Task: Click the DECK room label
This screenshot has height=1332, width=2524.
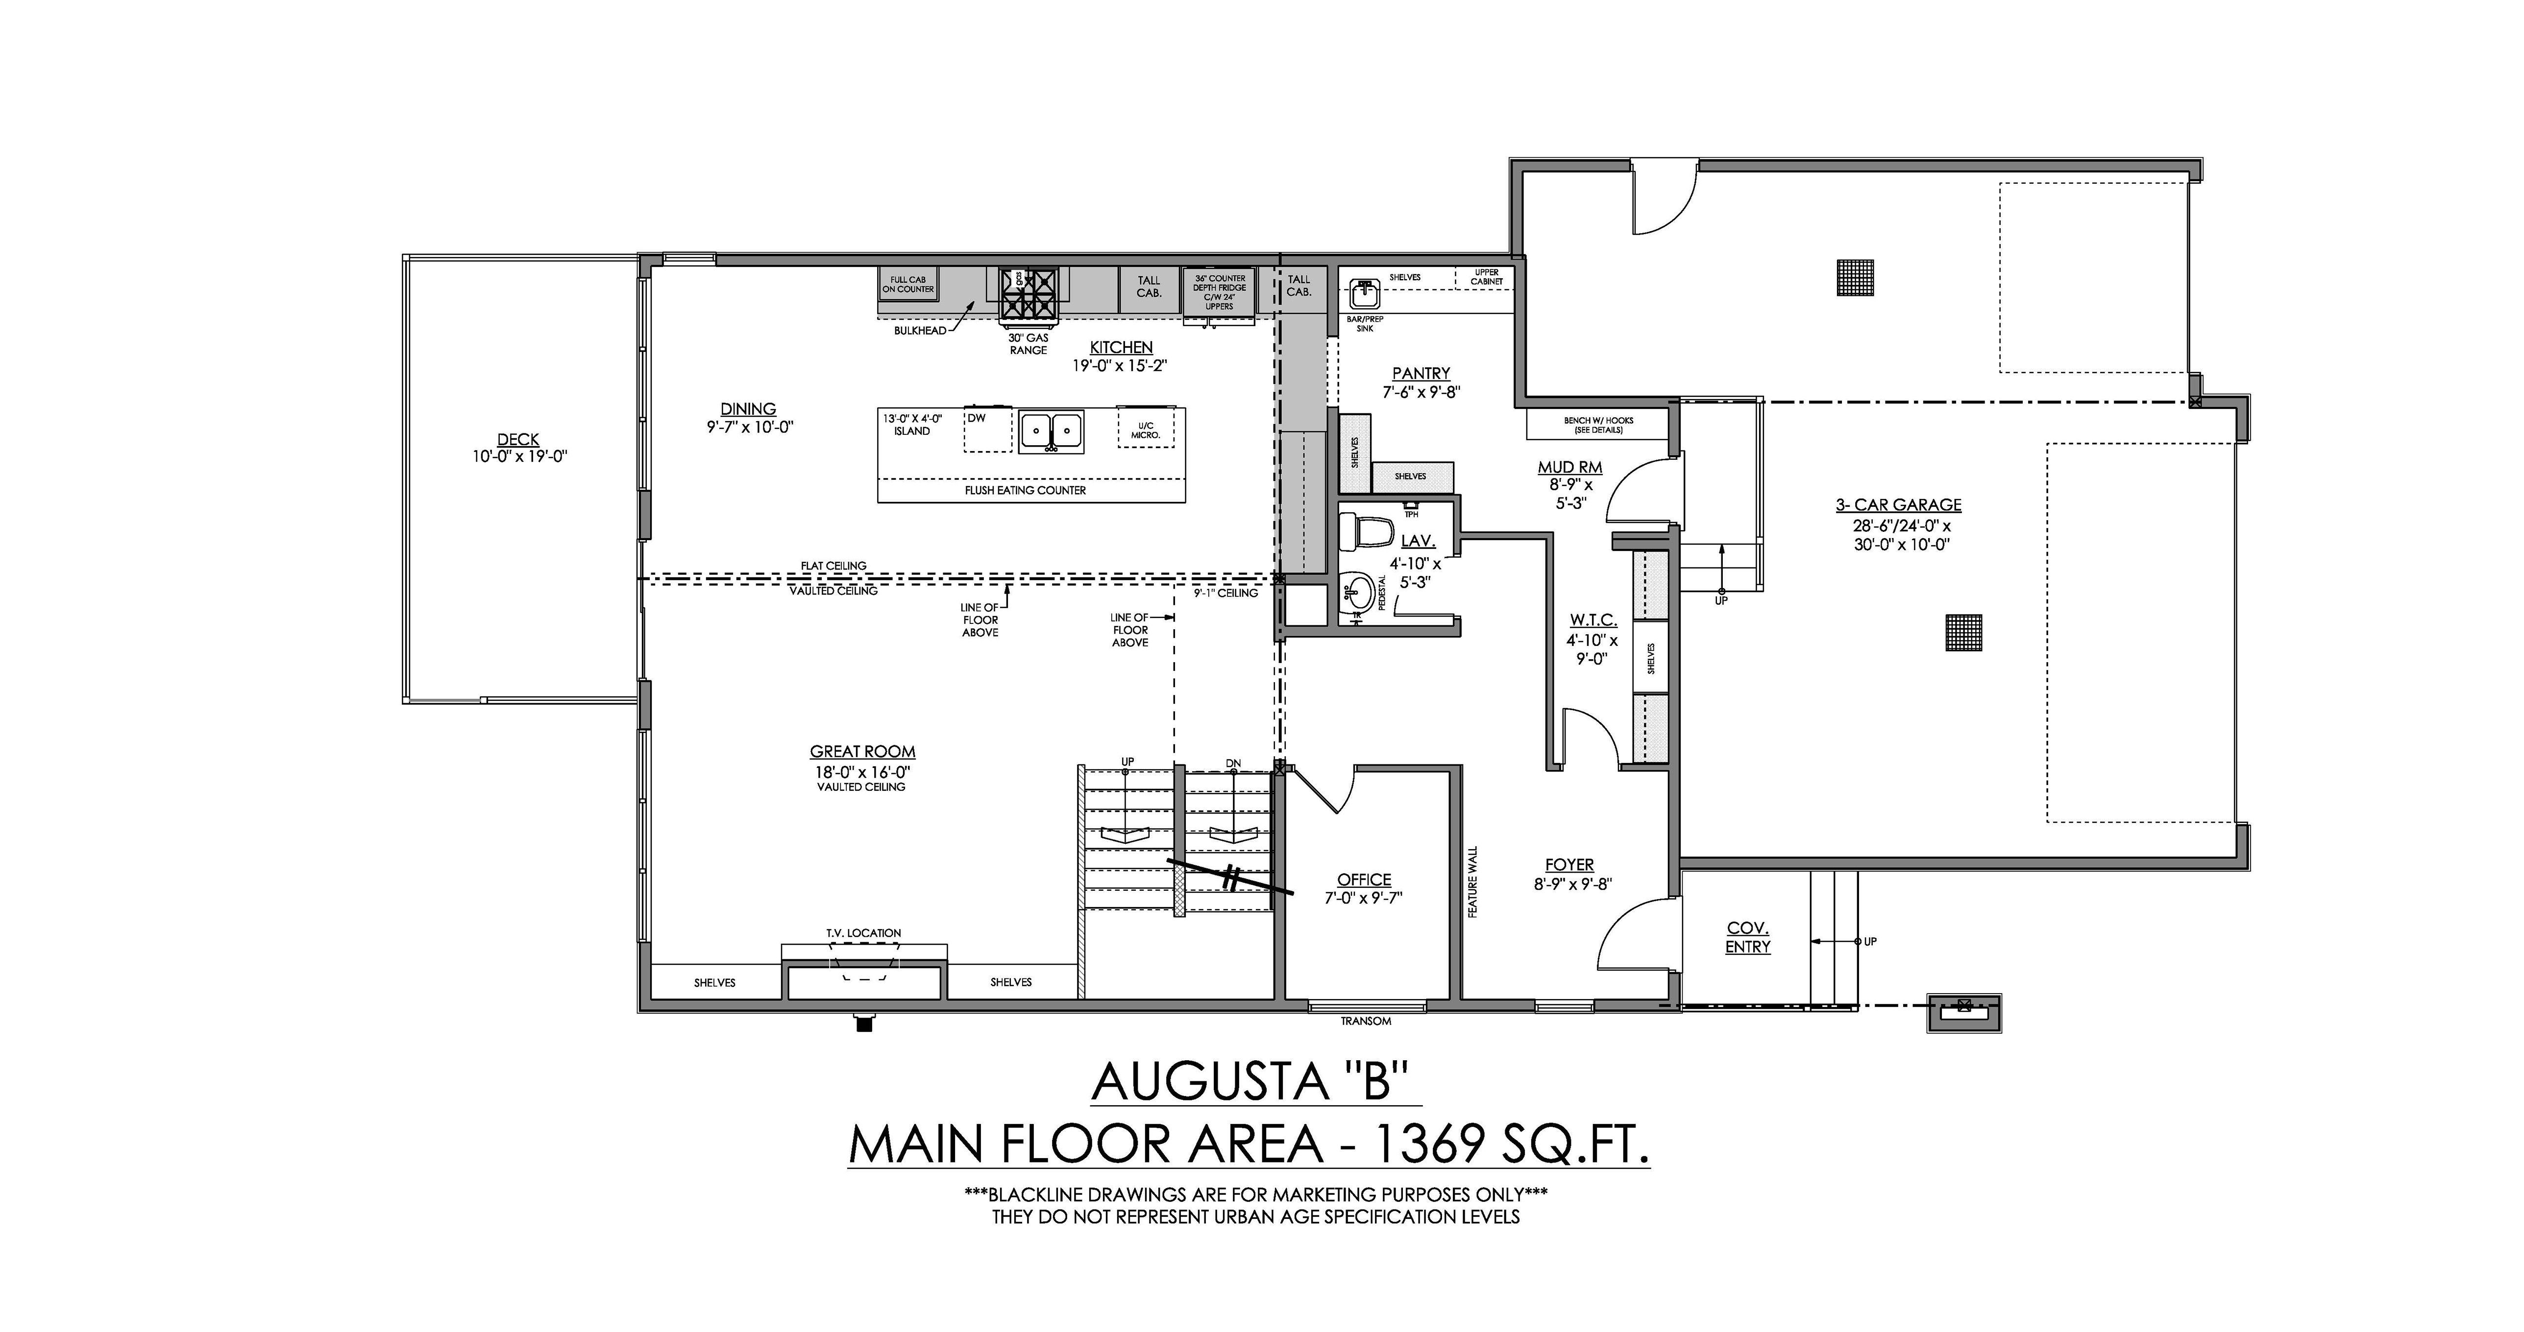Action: [518, 440]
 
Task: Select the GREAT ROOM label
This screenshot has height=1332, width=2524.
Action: [862, 751]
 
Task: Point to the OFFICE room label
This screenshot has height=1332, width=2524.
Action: [1364, 880]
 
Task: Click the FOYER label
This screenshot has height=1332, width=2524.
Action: [1569, 865]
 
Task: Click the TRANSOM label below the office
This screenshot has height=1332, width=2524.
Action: [1366, 1021]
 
